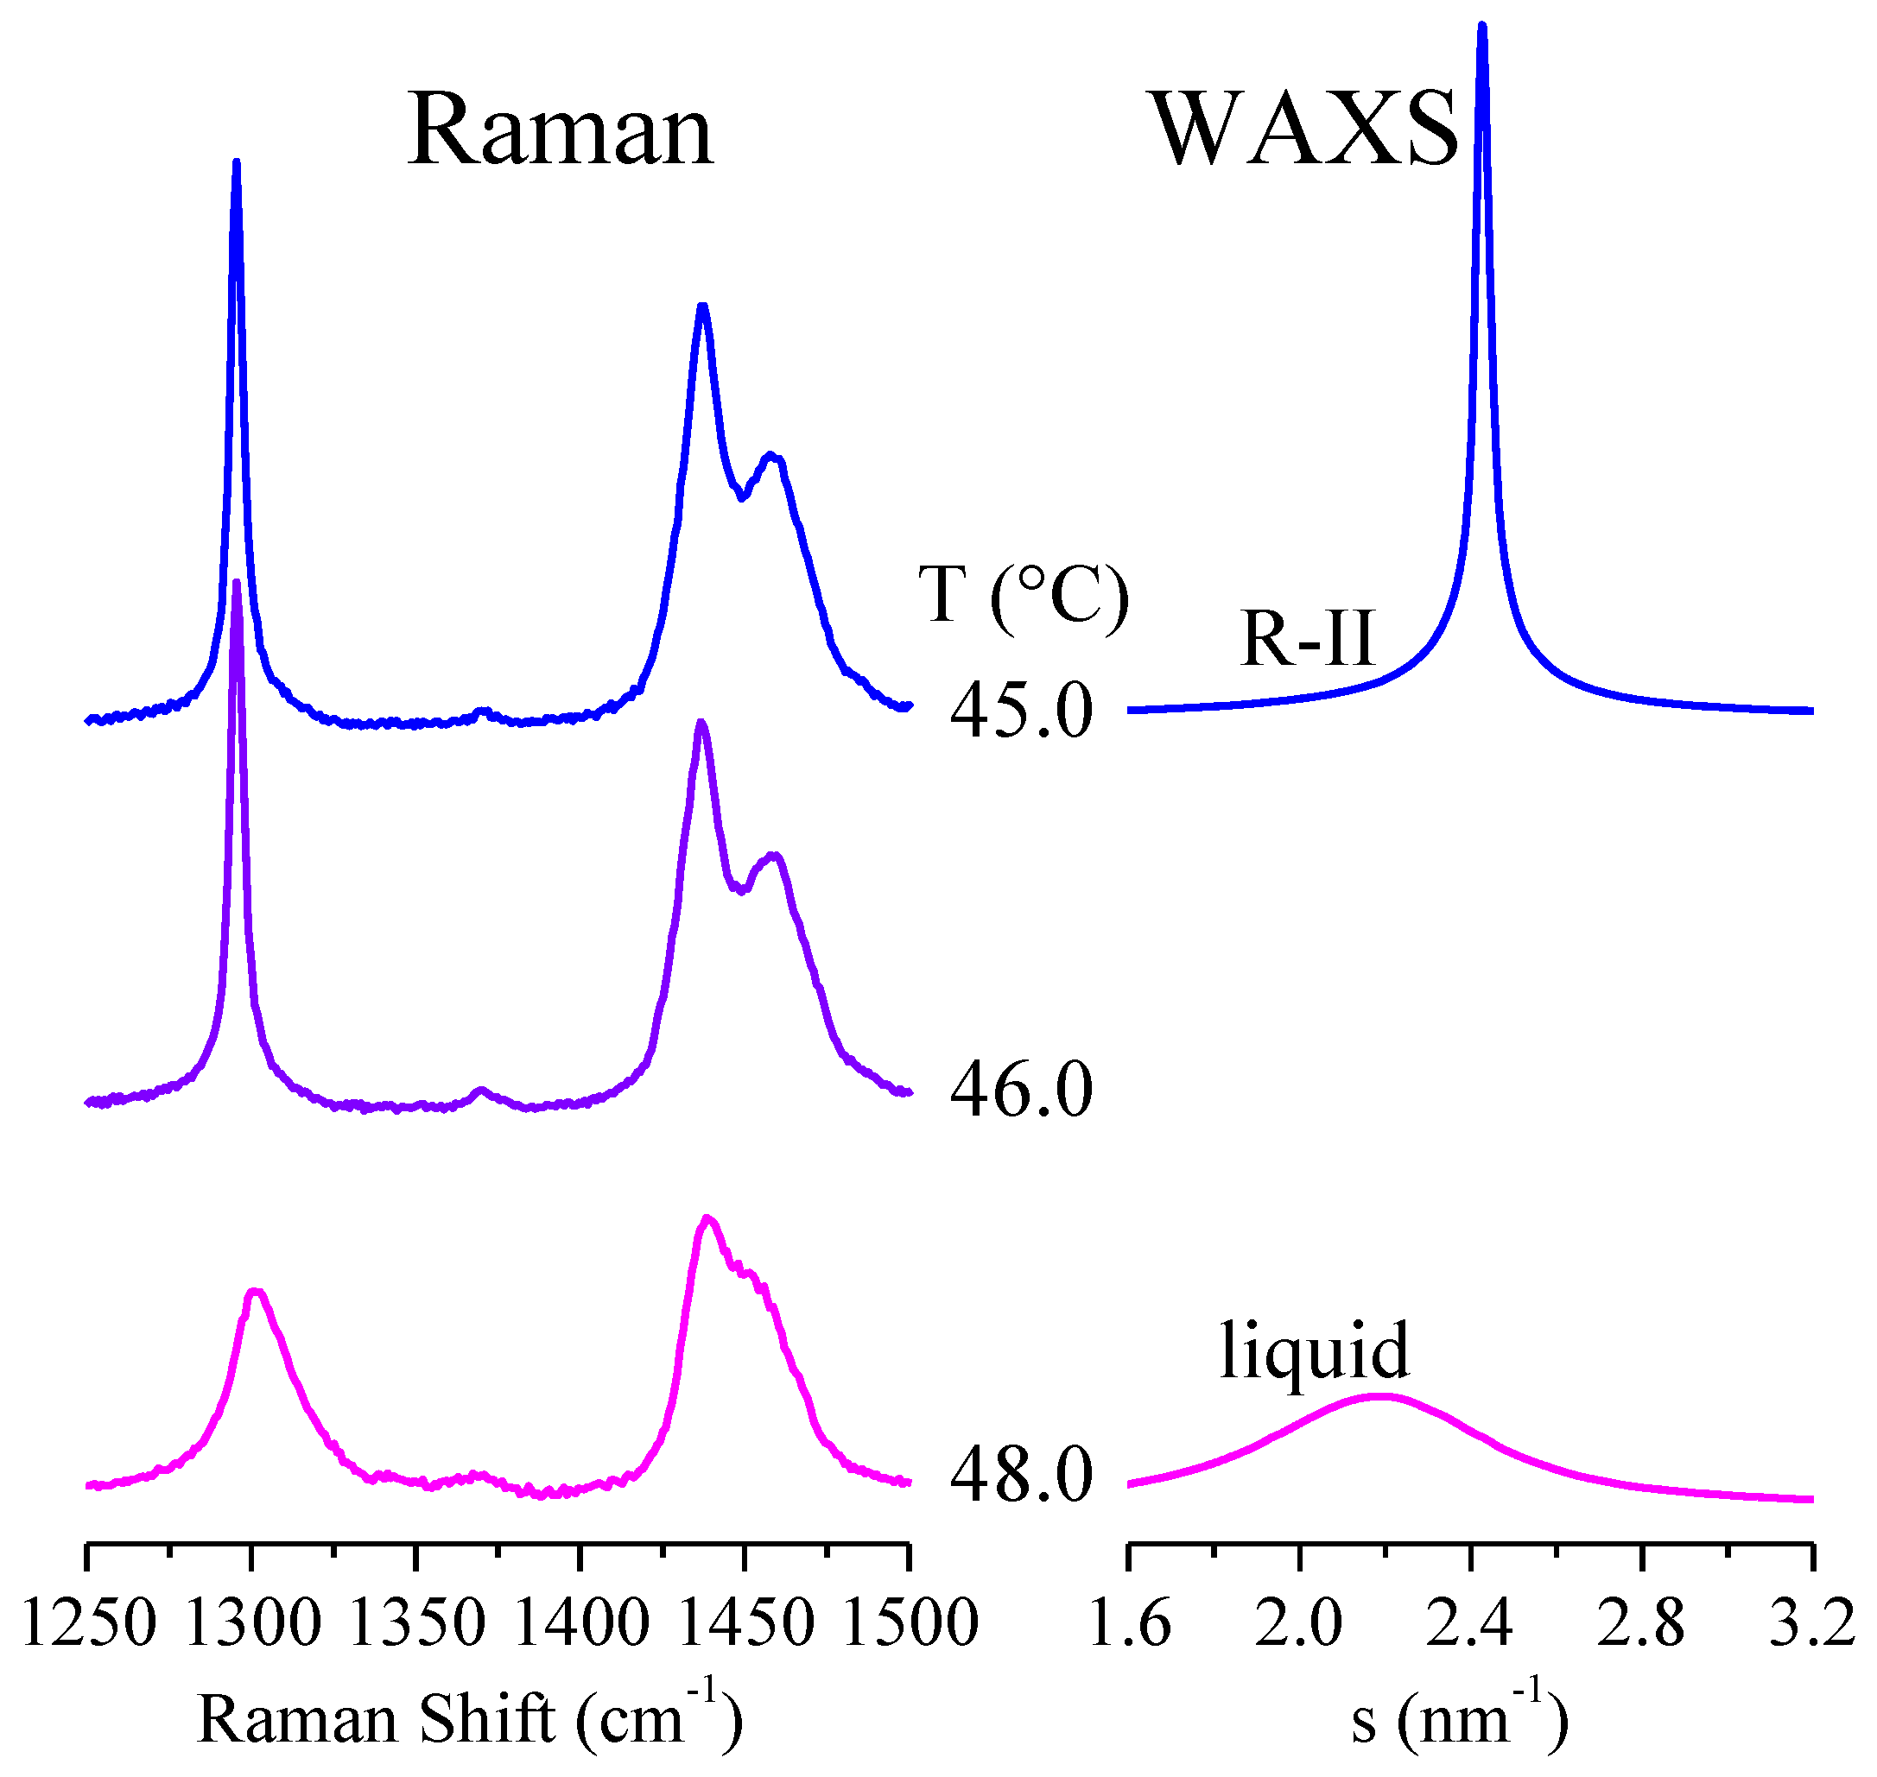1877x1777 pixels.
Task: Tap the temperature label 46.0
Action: coord(1020,1091)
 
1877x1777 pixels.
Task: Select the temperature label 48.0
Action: coord(1020,1476)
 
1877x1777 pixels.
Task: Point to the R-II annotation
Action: coord(1307,638)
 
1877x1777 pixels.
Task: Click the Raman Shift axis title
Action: coord(469,1719)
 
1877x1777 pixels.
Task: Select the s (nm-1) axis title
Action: coord(1459,1719)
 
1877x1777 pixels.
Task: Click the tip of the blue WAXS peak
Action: coord(1482,27)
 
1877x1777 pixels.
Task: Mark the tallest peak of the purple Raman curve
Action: coord(236,583)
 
